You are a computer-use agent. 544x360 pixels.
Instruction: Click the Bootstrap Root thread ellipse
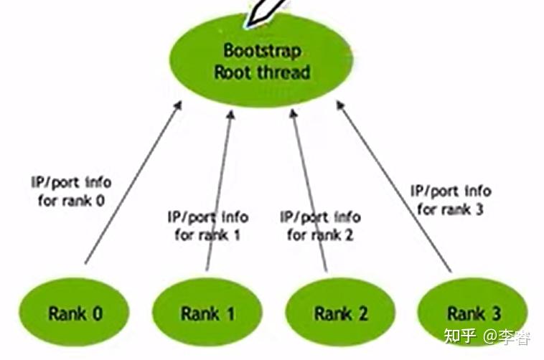(x=261, y=61)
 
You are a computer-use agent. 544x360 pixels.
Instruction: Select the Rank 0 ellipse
(x=74, y=313)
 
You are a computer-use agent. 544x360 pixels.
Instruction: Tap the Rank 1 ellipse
(x=207, y=313)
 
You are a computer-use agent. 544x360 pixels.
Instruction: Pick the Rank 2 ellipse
(x=340, y=313)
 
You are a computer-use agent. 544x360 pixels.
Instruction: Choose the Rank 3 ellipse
(x=472, y=313)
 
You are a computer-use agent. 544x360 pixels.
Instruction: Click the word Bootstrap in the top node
(x=262, y=51)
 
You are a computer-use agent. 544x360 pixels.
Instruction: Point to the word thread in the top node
(x=283, y=72)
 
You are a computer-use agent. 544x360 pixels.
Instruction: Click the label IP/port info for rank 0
(x=71, y=191)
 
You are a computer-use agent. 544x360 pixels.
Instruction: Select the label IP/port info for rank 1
(x=207, y=226)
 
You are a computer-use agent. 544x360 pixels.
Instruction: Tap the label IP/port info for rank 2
(x=320, y=226)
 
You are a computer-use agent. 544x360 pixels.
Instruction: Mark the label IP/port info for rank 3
(x=451, y=200)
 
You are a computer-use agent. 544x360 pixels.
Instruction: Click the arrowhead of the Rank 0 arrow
(x=178, y=105)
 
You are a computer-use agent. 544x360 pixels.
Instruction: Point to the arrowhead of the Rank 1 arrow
(x=231, y=114)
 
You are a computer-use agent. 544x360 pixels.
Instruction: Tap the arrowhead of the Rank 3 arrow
(x=340, y=105)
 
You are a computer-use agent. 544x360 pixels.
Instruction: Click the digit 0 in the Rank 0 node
(x=98, y=313)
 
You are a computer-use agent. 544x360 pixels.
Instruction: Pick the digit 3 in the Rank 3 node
(x=496, y=313)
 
